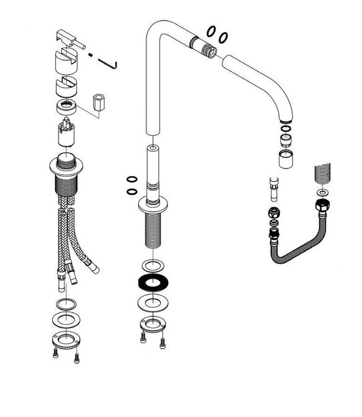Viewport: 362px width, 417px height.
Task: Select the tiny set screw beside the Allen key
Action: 90,54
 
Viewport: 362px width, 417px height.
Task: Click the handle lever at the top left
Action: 69,41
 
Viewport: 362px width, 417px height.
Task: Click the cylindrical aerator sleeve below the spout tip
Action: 285,159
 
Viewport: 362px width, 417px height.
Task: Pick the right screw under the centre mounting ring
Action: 162,341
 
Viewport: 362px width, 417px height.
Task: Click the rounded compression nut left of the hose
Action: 274,212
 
